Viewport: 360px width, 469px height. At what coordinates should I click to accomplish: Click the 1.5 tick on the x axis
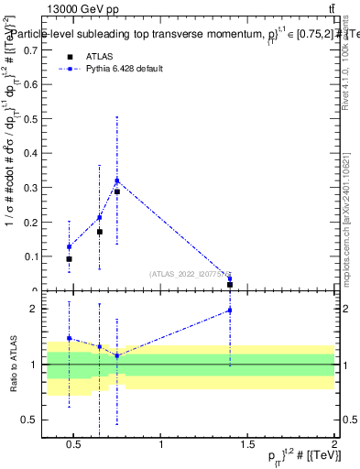point(248,444)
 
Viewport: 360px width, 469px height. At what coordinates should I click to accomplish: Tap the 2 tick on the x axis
point(334,444)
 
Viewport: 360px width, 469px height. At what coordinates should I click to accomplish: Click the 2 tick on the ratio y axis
point(33,309)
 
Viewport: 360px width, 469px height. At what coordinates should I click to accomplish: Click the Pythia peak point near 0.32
point(117,180)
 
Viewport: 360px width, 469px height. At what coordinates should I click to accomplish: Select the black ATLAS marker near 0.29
point(117,191)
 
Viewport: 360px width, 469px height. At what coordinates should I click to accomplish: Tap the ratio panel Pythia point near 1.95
point(230,311)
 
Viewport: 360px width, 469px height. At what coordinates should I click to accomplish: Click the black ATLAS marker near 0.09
point(70,259)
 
